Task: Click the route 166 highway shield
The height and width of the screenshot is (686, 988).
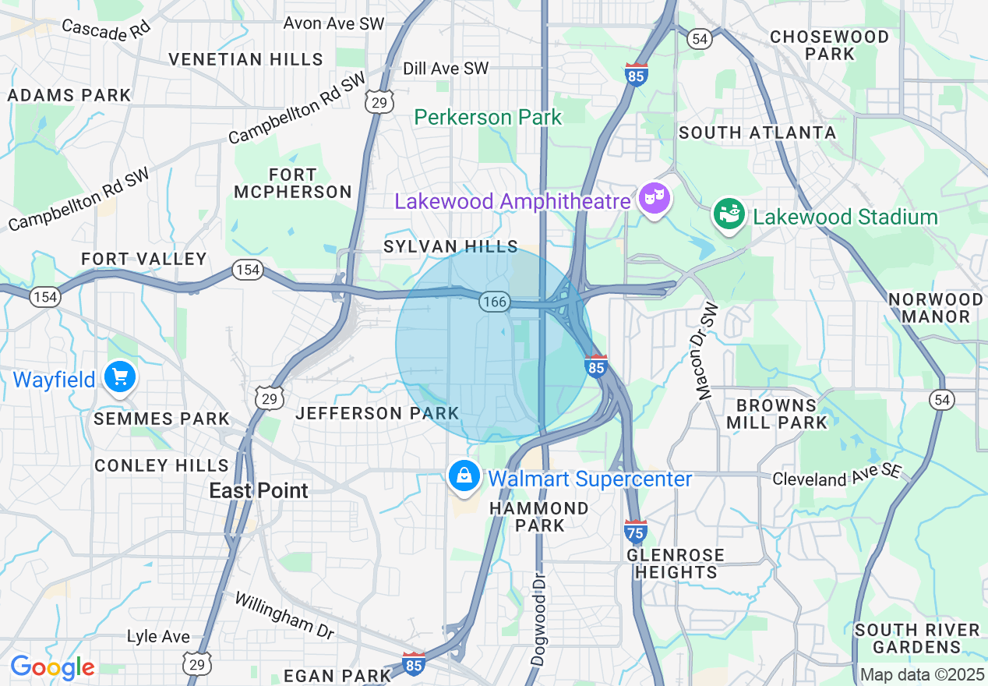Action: point(494,302)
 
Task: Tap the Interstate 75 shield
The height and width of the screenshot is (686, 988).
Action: point(635,532)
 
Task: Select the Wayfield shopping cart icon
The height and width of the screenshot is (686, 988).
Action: point(119,377)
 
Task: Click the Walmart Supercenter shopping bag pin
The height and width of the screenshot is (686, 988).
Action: point(464,476)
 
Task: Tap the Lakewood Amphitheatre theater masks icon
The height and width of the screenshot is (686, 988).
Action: point(654,200)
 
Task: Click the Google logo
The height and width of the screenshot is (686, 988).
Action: point(52,667)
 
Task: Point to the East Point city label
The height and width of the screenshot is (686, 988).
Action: point(259,490)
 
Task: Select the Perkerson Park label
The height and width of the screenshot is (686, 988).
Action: point(488,118)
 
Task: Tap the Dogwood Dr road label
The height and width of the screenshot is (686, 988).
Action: point(538,619)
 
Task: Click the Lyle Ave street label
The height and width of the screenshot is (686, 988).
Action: point(158,637)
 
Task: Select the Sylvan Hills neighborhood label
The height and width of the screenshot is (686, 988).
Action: point(450,246)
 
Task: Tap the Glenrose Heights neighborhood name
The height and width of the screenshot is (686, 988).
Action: point(676,564)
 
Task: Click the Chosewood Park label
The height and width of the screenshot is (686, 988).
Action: point(829,45)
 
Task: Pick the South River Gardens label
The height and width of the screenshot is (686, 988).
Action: point(917,638)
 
